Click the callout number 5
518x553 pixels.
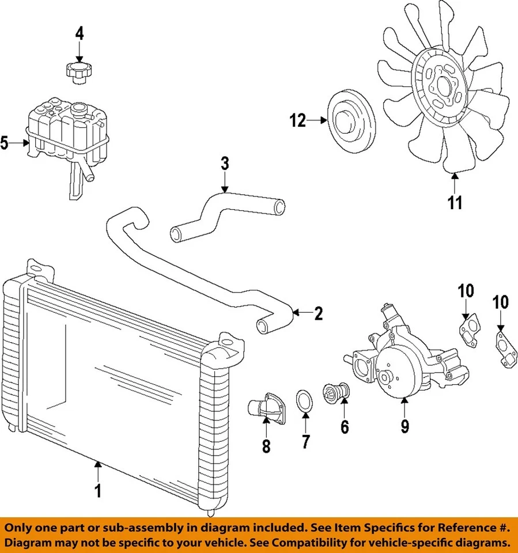5,143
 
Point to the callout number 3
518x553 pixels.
225,164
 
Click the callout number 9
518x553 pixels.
404,426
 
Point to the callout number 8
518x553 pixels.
266,446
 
